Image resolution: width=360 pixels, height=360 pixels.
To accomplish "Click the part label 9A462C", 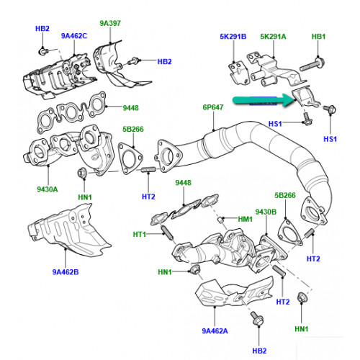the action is [74, 36].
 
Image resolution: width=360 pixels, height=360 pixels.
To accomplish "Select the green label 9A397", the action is [110, 23].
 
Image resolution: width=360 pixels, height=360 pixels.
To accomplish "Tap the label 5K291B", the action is [233, 37].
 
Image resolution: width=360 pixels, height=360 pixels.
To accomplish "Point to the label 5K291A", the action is [273, 37].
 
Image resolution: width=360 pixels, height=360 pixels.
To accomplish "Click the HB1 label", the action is [318, 37].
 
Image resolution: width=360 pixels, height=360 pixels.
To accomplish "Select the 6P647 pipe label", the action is [213, 107].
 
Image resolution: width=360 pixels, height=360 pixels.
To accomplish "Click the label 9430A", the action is [48, 189].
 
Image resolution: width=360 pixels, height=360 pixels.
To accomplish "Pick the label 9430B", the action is [266, 212].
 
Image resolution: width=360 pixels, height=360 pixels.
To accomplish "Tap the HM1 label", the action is [245, 219].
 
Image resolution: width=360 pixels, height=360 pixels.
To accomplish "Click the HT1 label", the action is [140, 234].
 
